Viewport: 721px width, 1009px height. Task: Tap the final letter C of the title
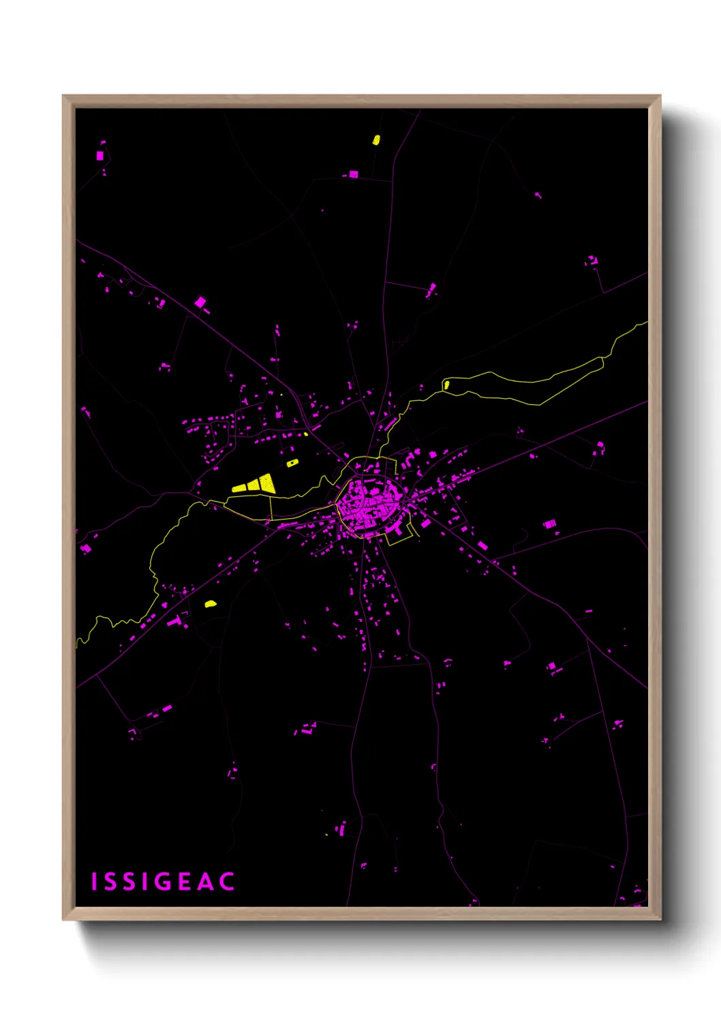pyautogui.click(x=228, y=882)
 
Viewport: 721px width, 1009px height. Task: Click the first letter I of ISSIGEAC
pyautogui.click(x=95, y=882)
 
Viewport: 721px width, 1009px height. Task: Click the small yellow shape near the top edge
pyautogui.click(x=375, y=140)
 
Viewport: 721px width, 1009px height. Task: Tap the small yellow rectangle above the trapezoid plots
pyautogui.click(x=292, y=463)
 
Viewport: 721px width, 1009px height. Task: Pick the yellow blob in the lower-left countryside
pyautogui.click(x=211, y=603)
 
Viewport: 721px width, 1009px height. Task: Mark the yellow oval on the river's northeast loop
pyautogui.click(x=446, y=385)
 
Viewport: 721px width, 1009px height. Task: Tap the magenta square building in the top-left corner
pyautogui.click(x=100, y=155)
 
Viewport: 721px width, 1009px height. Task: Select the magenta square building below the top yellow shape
pyautogui.click(x=353, y=175)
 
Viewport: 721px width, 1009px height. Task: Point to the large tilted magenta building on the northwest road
pyautogui.click(x=200, y=301)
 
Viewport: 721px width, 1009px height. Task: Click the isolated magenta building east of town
pyautogui.click(x=549, y=524)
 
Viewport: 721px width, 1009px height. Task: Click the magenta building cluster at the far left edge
pyautogui.click(x=86, y=548)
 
